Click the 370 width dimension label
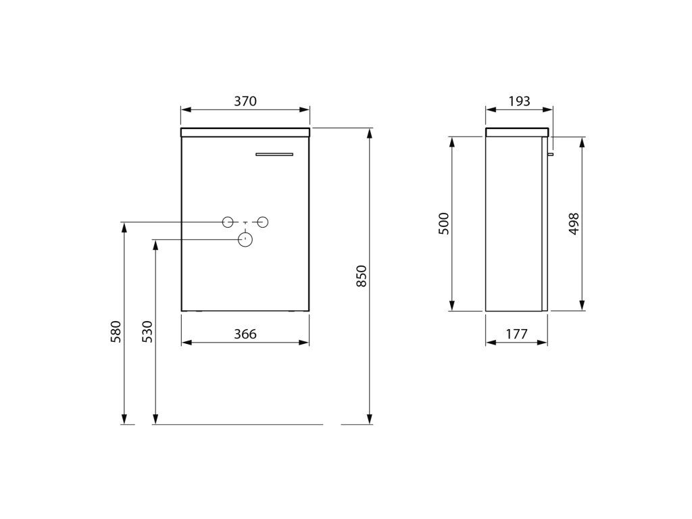pos(245,101)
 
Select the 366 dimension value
pos(245,334)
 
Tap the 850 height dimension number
pos(362,276)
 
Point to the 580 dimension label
pos(115,332)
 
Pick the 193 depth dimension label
pos(519,101)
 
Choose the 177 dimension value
pos(516,334)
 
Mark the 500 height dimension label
pos(443,224)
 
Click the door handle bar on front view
pos(274,154)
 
